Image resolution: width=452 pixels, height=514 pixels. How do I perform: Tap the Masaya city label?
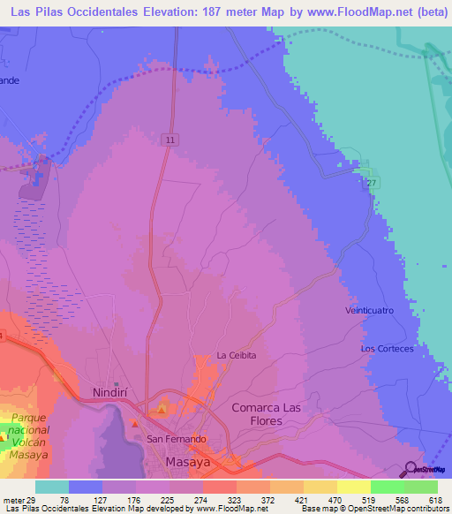(x=188, y=463)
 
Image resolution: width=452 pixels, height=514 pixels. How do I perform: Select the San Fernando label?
(x=176, y=439)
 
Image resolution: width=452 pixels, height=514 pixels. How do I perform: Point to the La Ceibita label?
(x=237, y=355)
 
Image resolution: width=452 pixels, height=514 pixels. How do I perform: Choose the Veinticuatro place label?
(x=369, y=311)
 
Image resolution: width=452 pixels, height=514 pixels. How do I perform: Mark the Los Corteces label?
(x=387, y=349)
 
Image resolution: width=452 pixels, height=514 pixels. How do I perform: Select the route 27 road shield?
(x=373, y=183)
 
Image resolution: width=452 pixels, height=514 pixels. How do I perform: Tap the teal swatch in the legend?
(x=52, y=487)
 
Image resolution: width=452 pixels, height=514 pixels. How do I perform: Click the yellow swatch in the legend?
(x=353, y=487)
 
